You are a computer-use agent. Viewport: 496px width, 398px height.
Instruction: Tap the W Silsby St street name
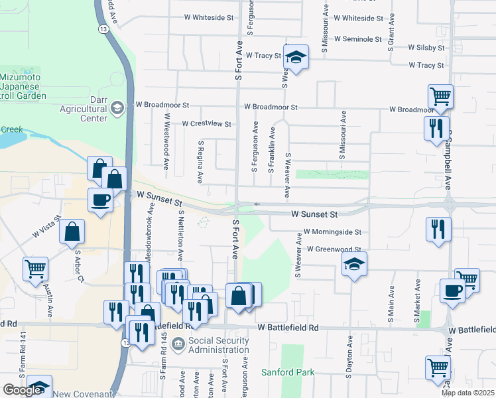[x=426, y=48]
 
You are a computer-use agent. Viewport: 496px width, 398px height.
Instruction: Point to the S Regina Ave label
[x=200, y=161]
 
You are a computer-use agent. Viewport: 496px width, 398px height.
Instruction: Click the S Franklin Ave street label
[x=271, y=153]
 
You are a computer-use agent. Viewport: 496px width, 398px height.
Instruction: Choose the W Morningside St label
[x=332, y=233]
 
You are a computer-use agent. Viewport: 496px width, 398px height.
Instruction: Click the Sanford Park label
[x=288, y=372]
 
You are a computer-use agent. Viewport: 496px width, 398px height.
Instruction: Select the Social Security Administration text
[x=210, y=345]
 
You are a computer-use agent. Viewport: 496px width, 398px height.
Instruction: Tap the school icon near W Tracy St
[x=296, y=57]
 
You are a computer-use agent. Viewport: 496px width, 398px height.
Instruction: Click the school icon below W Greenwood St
[x=354, y=265]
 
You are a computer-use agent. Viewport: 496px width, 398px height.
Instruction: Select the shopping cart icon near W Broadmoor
[x=440, y=97]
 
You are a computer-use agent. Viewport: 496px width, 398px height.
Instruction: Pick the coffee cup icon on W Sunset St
[x=101, y=200]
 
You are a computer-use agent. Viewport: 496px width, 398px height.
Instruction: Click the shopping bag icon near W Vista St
[x=72, y=232]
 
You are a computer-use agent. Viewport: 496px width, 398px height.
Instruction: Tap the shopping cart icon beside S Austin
[x=36, y=269]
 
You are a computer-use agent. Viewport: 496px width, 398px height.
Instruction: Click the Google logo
[x=23, y=389]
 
